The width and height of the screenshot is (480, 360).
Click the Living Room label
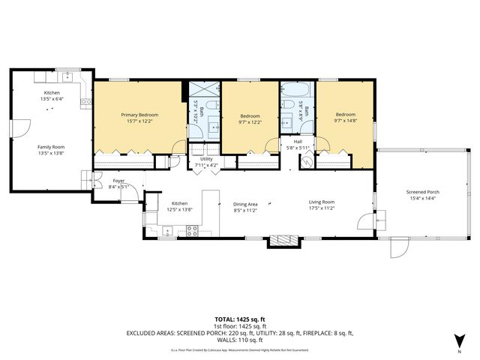[x=322, y=202]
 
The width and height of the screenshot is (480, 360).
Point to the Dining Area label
[x=245, y=204]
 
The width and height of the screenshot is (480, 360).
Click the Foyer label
[x=118, y=181]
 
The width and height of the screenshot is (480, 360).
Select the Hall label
[x=298, y=141]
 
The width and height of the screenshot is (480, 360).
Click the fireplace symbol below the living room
[x=283, y=240]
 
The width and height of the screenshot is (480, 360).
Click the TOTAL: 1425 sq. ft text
[x=240, y=319]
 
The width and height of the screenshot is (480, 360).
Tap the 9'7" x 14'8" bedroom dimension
[x=346, y=122]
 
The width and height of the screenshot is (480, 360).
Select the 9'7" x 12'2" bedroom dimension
[x=250, y=122]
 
